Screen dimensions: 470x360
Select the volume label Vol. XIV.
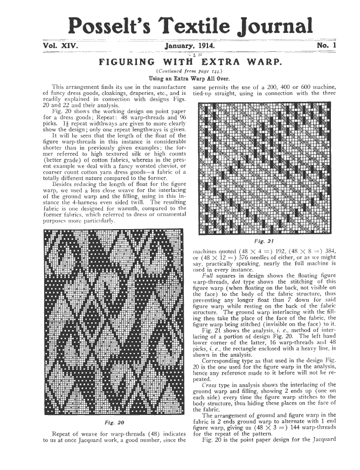60,46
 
